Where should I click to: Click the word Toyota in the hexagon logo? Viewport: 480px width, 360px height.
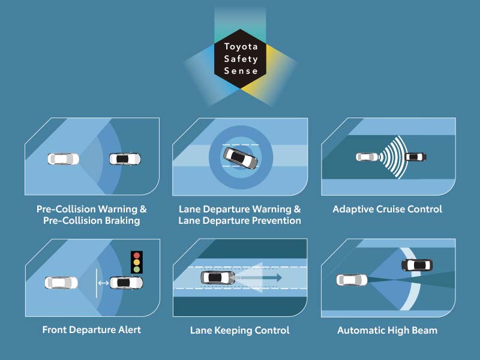(240, 47)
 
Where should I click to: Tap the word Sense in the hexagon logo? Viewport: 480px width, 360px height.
(240, 71)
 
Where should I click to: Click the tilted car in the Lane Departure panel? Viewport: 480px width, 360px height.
(241, 158)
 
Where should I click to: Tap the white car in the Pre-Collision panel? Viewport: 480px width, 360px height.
(63, 159)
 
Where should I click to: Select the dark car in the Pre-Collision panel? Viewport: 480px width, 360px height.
(125, 159)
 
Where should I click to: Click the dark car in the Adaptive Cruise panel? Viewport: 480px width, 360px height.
(415, 157)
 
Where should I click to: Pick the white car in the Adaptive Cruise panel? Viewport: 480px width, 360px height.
(366, 157)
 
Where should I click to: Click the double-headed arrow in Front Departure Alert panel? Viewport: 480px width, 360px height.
(103, 283)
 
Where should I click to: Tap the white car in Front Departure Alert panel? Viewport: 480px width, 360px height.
(61, 283)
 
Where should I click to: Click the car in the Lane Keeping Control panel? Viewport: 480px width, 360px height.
(218, 278)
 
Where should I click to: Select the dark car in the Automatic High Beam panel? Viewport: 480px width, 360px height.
(416, 265)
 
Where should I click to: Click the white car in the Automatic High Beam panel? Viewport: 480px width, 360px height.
(352, 280)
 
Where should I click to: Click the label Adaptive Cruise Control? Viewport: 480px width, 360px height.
(387, 209)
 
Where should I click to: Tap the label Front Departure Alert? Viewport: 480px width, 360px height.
(91, 330)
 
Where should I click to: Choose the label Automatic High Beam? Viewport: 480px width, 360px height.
(387, 330)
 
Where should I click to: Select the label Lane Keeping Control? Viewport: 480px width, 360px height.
(239, 330)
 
